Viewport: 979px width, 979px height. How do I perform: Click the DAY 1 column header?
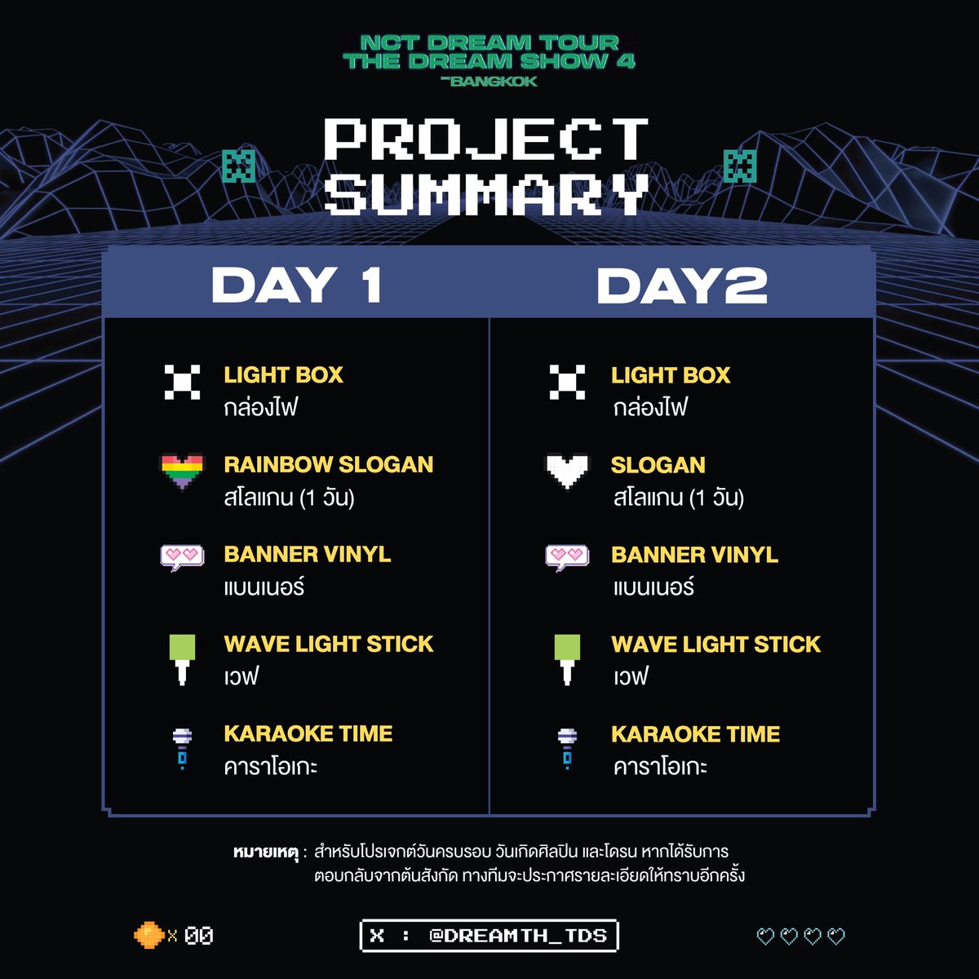(x=296, y=286)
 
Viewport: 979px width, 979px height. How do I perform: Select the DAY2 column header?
(x=681, y=286)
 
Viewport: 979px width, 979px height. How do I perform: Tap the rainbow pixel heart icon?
(x=181, y=472)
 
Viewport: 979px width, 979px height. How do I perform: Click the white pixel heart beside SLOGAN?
(x=567, y=472)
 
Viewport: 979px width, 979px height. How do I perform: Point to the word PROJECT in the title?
(x=487, y=140)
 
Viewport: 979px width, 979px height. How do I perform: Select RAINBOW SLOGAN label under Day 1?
(x=328, y=465)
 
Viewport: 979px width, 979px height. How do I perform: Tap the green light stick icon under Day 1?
(x=182, y=658)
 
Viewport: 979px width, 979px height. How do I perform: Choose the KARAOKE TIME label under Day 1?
(x=308, y=733)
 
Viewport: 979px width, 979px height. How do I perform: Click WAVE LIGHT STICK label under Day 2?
(x=715, y=645)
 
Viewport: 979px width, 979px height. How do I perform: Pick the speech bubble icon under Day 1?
(x=181, y=557)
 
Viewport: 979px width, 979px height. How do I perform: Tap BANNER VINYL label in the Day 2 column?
(x=694, y=555)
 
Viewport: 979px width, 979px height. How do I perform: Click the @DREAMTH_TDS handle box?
(x=489, y=935)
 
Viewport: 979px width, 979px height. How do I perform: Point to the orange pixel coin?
(x=148, y=935)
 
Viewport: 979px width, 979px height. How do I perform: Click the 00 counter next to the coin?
(x=198, y=936)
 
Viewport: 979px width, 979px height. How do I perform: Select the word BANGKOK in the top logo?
(x=494, y=82)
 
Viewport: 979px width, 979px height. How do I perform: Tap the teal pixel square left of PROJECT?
(x=239, y=166)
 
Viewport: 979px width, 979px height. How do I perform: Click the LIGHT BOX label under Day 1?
(x=283, y=375)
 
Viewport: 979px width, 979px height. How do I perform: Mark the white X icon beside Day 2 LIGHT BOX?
(x=567, y=382)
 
